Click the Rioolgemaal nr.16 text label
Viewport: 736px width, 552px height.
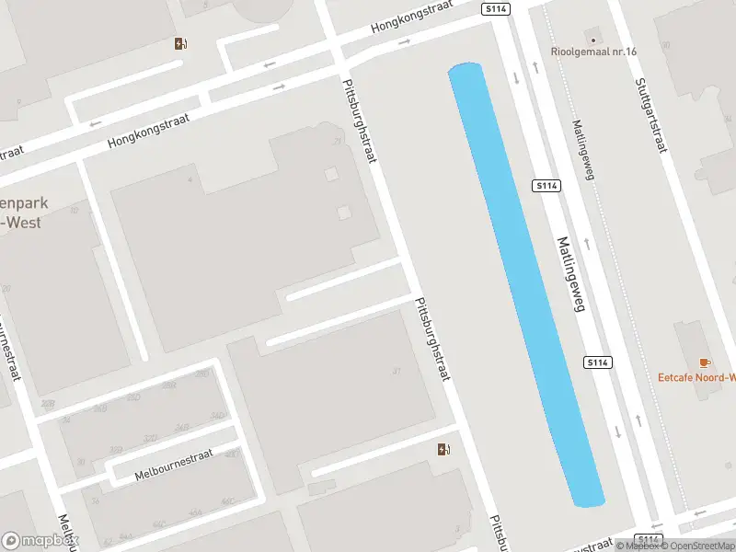point(594,52)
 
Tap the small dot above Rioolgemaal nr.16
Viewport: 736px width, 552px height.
point(593,40)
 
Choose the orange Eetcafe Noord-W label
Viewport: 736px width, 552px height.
point(697,376)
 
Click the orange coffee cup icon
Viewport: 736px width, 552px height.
point(705,362)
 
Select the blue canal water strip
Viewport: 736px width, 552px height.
point(524,276)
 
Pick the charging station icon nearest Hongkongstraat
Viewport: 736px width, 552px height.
point(181,43)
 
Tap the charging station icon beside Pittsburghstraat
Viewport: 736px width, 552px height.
point(444,449)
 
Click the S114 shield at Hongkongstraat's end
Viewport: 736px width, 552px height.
point(495,9)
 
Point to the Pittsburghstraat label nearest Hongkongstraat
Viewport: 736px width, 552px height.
point(359,120)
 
